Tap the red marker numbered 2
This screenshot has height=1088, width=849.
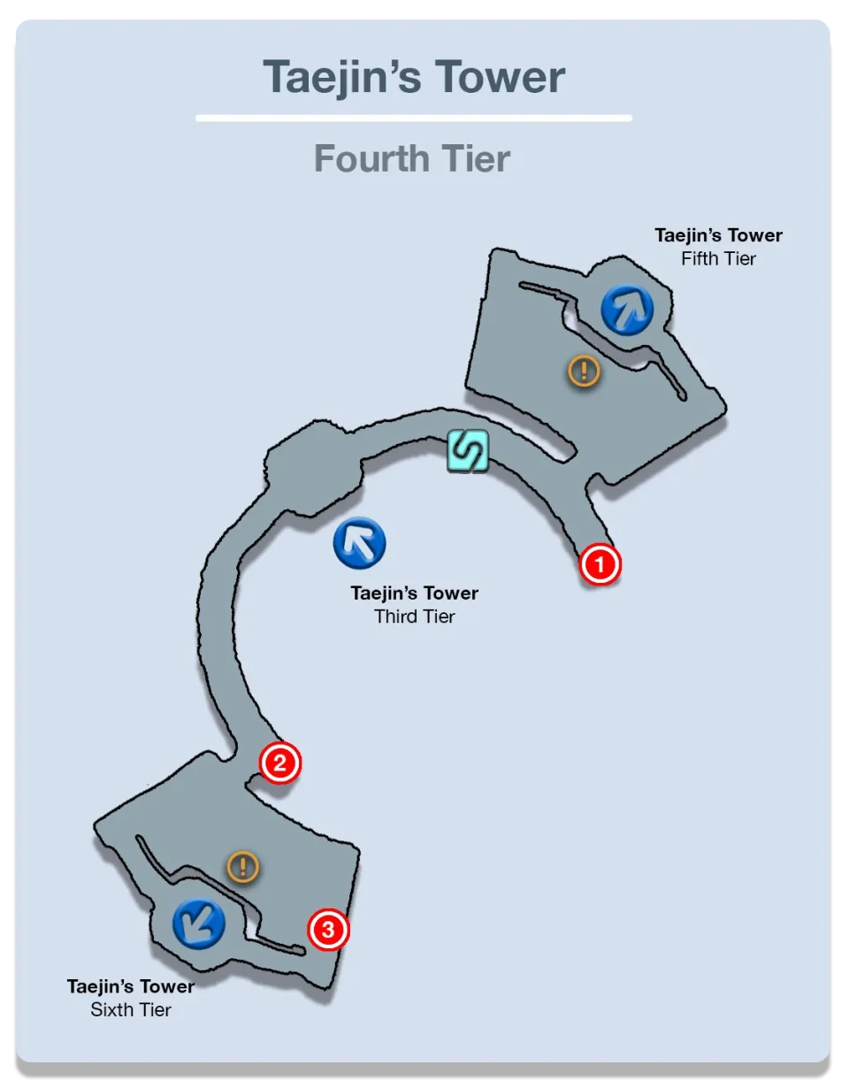click(279, 762)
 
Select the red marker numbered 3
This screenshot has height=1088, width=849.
click(328, 930)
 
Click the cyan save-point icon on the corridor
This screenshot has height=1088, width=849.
click(467, 451)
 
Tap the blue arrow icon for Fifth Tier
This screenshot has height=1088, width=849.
click(627, 310)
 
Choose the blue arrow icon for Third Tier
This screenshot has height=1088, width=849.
click(360, 542)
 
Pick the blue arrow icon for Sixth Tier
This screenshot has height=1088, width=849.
click(198, 923)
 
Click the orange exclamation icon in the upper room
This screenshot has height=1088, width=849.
click(584, 371)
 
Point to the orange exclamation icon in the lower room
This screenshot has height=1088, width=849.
click(242, 867)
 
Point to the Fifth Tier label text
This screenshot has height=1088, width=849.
click(718, 259)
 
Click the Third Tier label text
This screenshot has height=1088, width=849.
click(414, 617)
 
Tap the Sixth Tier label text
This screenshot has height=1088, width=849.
click(131, 1009)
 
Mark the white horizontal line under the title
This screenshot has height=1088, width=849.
click(414, 118)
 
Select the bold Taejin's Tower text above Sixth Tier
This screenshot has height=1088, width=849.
click(131, 986)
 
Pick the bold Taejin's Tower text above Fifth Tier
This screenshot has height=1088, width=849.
click(718, 236)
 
